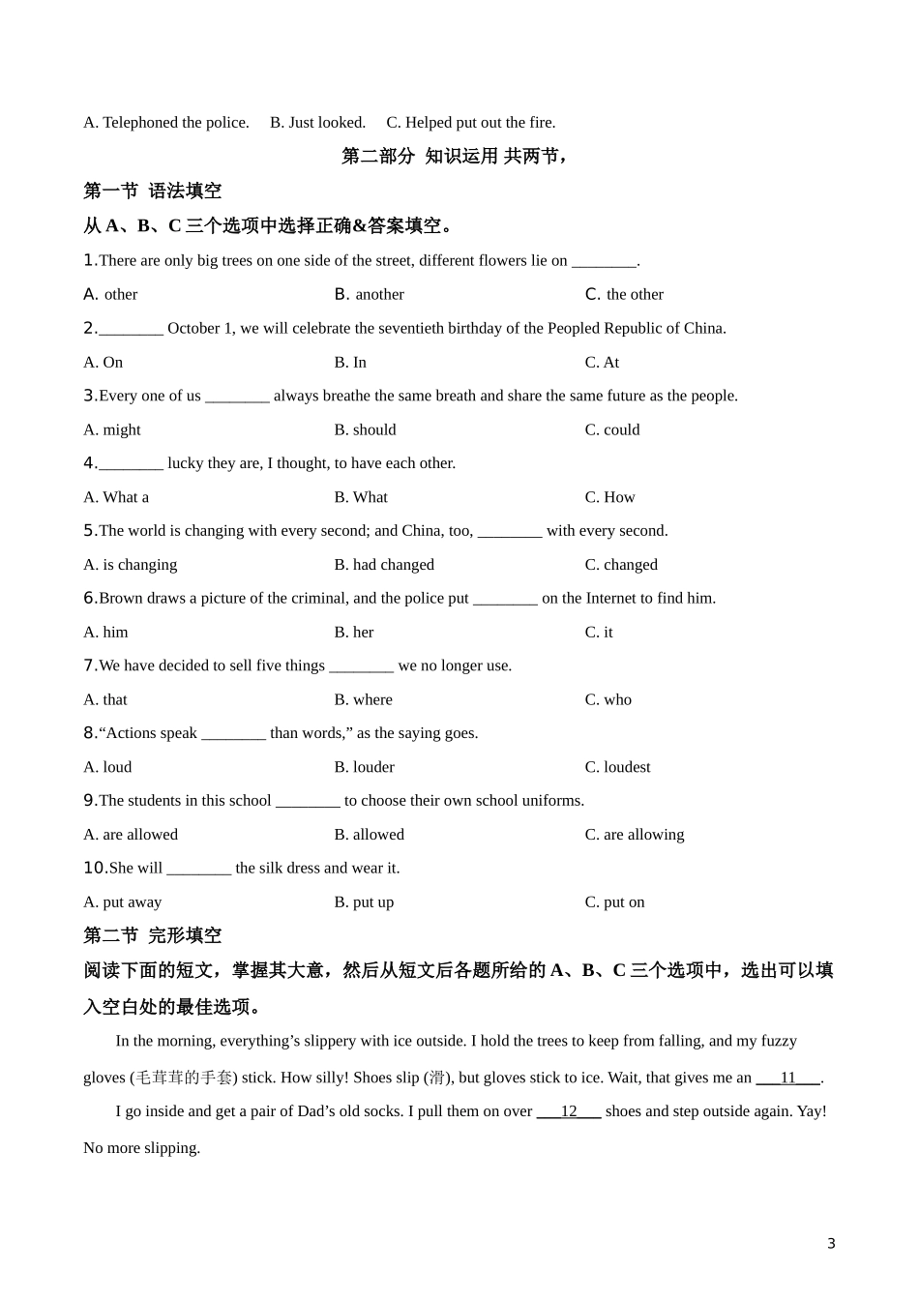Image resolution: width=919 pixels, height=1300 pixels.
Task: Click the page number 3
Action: [831, 1244]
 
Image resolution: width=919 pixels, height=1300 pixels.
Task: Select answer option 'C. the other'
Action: [624, 294]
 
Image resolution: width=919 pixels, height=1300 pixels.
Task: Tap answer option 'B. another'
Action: [369, 294]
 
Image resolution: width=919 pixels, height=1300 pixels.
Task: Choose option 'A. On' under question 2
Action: [104, 362]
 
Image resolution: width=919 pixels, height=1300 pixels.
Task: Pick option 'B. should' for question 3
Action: [365, 429]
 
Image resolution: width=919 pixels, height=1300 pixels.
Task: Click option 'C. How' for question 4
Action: [609, 497]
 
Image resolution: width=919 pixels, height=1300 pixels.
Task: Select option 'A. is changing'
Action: [130, 565]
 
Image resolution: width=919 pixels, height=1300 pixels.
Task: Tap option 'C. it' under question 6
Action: [599, 633]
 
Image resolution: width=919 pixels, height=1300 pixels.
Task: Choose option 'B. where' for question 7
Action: [363, 699]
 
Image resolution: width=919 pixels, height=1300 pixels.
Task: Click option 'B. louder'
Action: [364, 767]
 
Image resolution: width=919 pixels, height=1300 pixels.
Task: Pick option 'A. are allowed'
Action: [131, 835]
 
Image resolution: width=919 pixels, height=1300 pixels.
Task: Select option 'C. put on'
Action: [614, 902]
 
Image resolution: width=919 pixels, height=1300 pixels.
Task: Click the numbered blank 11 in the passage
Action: [787, 1078]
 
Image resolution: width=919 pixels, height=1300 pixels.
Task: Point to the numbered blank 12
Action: [569, 1111]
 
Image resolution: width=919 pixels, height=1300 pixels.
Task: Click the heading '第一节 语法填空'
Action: [153, 191]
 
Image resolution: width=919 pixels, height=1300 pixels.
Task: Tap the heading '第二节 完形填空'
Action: [153, 935]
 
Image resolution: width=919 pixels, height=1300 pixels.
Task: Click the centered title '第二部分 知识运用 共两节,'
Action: [454, 156]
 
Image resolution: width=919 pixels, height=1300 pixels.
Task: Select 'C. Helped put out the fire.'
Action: [471, 123]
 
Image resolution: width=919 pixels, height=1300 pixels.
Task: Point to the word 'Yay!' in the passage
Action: [811, 1111]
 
